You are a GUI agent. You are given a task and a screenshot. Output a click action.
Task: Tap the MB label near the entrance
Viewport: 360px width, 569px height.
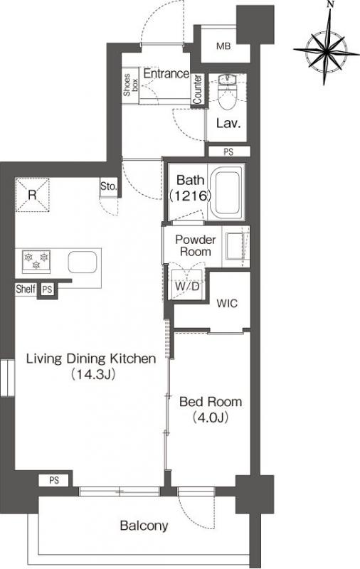point(223,46)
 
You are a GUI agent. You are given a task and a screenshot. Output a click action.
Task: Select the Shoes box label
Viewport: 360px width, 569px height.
point(130,85)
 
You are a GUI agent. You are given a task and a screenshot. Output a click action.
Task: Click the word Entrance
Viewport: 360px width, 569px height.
point(166,74)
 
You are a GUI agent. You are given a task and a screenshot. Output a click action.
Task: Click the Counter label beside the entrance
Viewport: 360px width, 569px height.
point(198,89)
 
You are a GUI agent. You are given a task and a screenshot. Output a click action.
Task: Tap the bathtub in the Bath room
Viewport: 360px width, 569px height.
point(226,192)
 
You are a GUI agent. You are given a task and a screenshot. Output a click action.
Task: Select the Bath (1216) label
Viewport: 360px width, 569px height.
point(190,188)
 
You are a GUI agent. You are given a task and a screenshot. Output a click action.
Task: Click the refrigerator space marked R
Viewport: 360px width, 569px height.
point(32,194)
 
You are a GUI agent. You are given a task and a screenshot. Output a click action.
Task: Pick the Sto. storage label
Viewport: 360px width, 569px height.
point(109,186)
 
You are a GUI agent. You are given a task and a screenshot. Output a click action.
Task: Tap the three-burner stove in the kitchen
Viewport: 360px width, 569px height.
point(36,261)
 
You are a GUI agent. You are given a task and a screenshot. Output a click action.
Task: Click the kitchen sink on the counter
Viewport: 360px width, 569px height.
point(83,262)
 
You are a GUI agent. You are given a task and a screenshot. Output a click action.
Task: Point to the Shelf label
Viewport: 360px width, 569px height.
point(26,289)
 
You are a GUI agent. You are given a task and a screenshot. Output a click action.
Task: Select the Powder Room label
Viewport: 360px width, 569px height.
point(195,245)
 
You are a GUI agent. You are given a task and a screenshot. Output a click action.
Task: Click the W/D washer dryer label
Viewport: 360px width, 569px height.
point(187,287)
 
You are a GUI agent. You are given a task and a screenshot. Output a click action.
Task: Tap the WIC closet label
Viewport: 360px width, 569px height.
point(227,303)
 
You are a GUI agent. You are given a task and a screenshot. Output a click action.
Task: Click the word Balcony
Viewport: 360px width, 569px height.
point(144,526)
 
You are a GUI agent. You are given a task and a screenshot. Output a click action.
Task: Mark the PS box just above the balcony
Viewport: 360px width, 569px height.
point(54,481)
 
